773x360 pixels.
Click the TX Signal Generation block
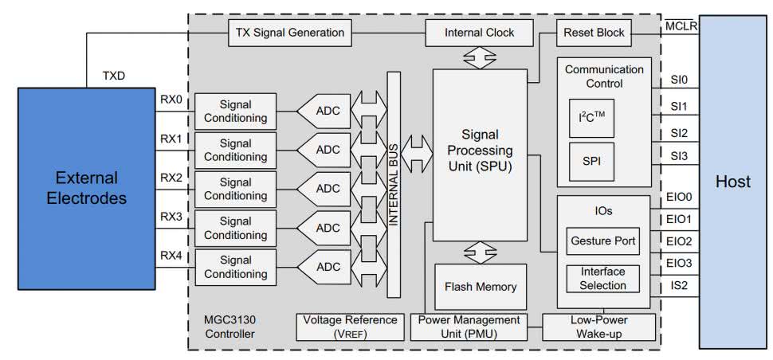point(290,33)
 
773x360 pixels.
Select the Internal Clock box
point(469,33)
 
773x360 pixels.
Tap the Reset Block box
point(594,33)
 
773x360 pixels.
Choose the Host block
point(733,182)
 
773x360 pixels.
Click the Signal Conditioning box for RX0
point(235,112)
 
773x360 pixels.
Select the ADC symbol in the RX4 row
point(327,265)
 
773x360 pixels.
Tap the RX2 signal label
point(171,177)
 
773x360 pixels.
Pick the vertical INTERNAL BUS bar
point(393,185)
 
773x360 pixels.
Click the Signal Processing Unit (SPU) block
point(480,155)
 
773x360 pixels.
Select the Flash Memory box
point(480,287)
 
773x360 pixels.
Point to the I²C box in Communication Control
point(591,119)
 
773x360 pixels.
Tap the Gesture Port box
point(602,240)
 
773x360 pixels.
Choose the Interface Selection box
point(602,279)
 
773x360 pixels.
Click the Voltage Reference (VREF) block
point(350,327)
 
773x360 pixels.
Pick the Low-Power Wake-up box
point(598,327)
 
